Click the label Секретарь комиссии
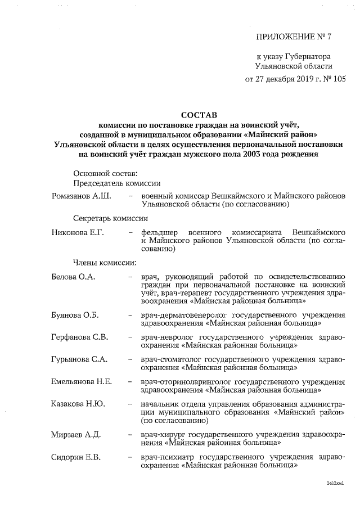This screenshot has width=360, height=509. [110, 218]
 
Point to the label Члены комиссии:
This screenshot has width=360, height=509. [104, 262]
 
